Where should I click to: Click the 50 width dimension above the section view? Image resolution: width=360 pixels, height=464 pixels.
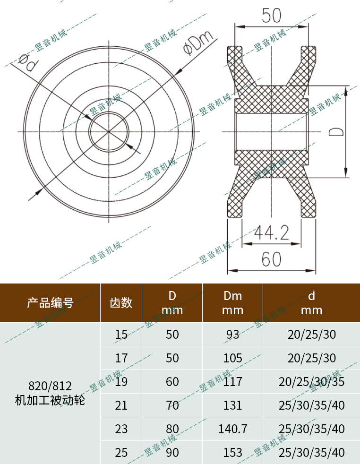coord(271,16)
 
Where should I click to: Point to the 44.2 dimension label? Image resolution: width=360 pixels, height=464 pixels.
coord(271,232)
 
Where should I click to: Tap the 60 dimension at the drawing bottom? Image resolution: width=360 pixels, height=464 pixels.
coord(271,259)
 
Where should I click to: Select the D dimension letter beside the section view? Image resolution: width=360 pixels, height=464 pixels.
coord(335,131)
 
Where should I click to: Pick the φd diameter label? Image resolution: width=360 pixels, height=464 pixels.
coord(26,61)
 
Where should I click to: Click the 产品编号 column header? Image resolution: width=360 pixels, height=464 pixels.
coord(50,302)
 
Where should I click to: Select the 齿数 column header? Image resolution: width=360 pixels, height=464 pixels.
coord(121,302)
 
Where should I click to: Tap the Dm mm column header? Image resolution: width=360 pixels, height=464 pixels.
coord(232,303)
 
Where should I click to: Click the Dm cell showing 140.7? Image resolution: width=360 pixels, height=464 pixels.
coord(232,429)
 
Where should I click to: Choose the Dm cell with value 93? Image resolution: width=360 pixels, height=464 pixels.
coord(232,335)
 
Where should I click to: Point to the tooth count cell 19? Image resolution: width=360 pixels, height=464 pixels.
coord(121,382)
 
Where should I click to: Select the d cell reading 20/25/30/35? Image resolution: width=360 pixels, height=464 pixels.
coord(311,382)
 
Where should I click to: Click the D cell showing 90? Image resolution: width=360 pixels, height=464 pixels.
coord(172,453)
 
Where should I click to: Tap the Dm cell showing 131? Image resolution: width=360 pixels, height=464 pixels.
coord(232,405)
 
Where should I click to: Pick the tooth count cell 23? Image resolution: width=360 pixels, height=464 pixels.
coord(121,429)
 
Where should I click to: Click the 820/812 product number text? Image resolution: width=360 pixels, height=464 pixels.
coord(50,383)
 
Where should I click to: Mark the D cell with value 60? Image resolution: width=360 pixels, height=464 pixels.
coord(172,382)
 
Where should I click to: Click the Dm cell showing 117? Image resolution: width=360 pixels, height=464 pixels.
coord(232,382)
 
